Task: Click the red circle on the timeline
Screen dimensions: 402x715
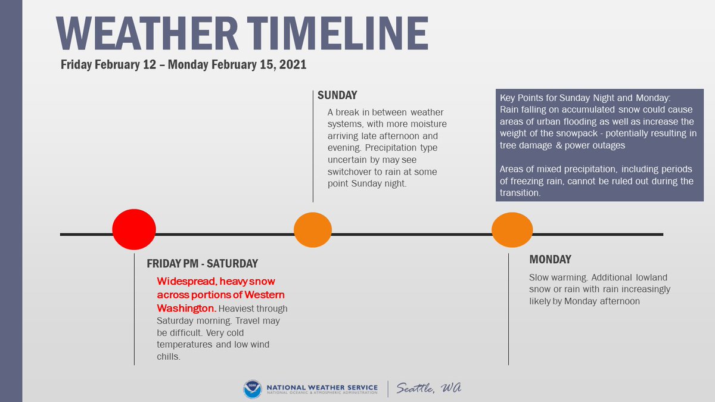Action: coord(134,229)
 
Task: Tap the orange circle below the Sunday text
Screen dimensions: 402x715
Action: coord(313,229)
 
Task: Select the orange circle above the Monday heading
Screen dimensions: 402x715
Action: coord(512,229)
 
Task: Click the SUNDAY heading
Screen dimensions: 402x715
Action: coord(337,95)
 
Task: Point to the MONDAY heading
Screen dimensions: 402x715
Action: coord(550,260)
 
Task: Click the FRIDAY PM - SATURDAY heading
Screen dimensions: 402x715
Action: coord(203,263)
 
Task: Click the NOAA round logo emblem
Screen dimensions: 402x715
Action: coord(252,388)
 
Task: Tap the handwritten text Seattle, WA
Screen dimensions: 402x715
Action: coord(429,388)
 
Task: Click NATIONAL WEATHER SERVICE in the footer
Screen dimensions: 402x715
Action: coord(322,387)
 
